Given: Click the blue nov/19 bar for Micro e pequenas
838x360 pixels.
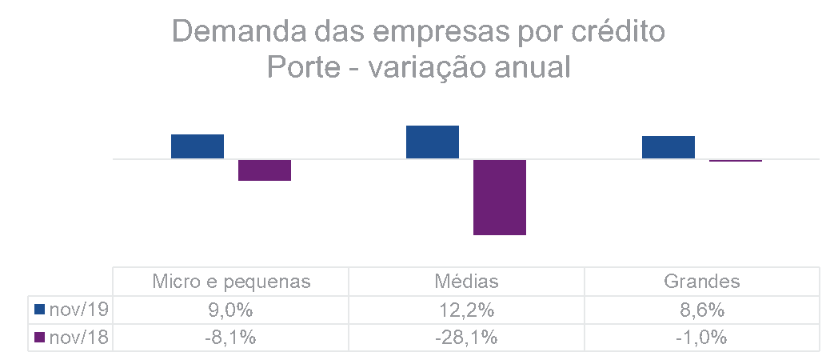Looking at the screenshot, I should tap(197, 146).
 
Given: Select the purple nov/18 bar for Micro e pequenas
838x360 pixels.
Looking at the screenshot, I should tap(264, 170).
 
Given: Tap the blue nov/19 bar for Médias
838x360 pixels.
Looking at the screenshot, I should tap(432, 142).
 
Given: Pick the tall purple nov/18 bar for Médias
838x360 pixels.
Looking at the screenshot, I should tap(500, 197).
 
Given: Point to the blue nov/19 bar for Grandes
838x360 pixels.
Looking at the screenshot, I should tap(668, 147).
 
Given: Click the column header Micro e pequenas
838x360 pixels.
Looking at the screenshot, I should tap(231, 282).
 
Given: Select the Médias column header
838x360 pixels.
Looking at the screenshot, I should tap(466, 282).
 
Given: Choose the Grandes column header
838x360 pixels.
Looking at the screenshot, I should tap(701, 282).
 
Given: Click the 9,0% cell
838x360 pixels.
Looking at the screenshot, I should tap(231, 310).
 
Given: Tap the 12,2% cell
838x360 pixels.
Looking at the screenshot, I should tap(466, 310).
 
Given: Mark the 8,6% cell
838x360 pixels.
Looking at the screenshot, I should tap(701, 310).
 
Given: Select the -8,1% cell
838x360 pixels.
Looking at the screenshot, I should tap(231, 338).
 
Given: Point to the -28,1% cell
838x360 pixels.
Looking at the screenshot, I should tap(466, 338).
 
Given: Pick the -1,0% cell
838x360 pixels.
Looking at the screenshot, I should tap(701, 338).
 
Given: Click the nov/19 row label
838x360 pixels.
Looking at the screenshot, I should tap(78, 310).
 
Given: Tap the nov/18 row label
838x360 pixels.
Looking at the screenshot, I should tap(78, 338).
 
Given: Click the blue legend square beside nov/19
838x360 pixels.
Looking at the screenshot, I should tap(40, 310).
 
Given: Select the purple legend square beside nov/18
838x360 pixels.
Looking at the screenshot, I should tap(40, 338).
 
